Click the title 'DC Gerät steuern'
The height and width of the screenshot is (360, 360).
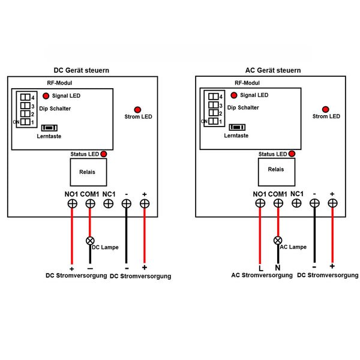click(82, 70)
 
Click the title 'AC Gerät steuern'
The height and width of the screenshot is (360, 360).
click(273, 70)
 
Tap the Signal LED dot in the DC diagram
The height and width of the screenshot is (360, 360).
click(46, 95)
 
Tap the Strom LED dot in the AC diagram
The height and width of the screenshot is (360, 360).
click(325, 109)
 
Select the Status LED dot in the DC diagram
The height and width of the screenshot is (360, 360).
click(104, 154)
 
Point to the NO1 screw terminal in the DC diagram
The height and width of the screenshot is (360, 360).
click(72, 204)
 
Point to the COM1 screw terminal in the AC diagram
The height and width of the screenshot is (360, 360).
click(278, 203)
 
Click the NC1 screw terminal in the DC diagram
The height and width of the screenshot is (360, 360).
click(109, 204)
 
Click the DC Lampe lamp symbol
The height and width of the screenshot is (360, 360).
click(90, 241)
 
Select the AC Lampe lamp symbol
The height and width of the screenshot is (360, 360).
click(278, 241)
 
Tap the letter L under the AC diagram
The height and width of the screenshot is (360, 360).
click(260, 268)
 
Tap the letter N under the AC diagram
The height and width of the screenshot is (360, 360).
click(278, 268)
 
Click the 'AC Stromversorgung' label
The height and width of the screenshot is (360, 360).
click(262, 275)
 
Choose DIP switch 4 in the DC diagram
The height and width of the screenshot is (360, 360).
click(25, 97)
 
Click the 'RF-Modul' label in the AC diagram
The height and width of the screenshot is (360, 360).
click(247, 83)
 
